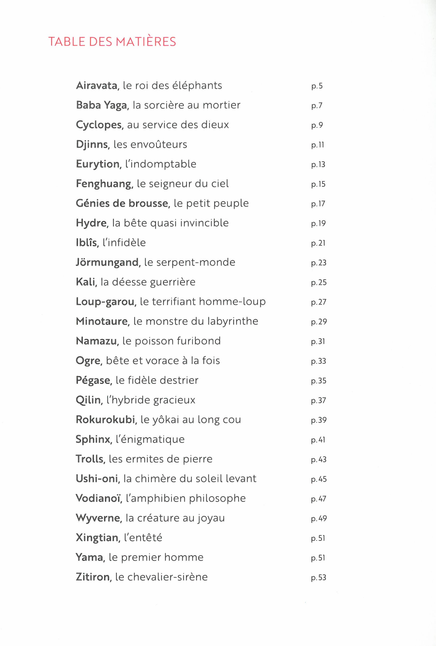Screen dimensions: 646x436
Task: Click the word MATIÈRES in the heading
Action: (146, 42)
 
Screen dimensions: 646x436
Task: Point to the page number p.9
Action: (317, 125)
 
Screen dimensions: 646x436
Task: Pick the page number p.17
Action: (318, 204)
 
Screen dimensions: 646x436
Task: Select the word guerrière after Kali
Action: (172, 282)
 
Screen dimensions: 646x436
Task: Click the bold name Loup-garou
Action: (106, 302)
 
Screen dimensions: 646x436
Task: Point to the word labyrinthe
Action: (233, 321)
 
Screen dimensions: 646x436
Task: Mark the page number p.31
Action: (318, 341)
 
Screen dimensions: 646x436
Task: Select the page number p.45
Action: (319, 479)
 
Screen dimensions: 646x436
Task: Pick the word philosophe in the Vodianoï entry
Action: (217, 498)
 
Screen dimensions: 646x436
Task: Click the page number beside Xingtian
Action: (318, 538)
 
